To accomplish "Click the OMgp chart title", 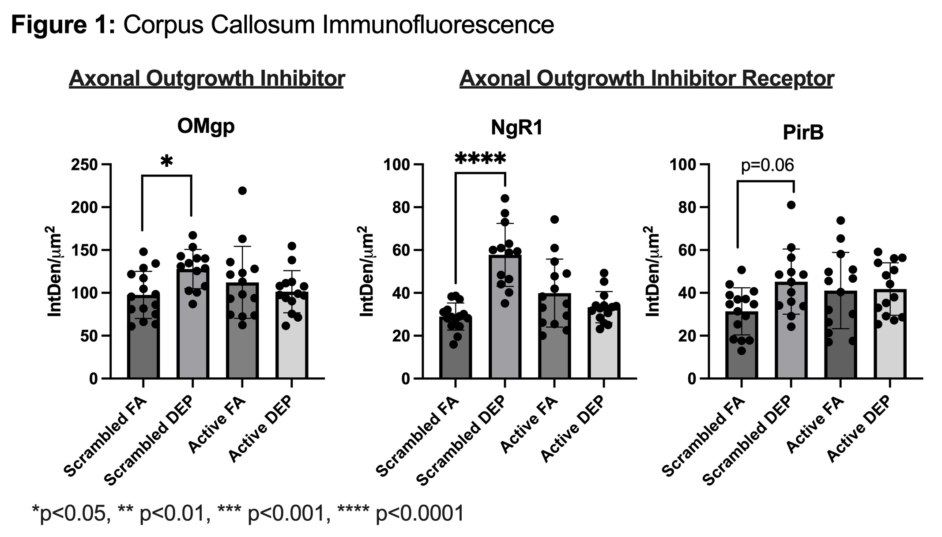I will click(206, 127).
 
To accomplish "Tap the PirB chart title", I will click(803, 133).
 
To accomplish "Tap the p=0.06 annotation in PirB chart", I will click(767, 165).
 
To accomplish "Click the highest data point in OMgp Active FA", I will click(242, 191).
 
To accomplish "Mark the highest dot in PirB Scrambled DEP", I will click(791, 205).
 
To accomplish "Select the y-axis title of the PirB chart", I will click(652, 271).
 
